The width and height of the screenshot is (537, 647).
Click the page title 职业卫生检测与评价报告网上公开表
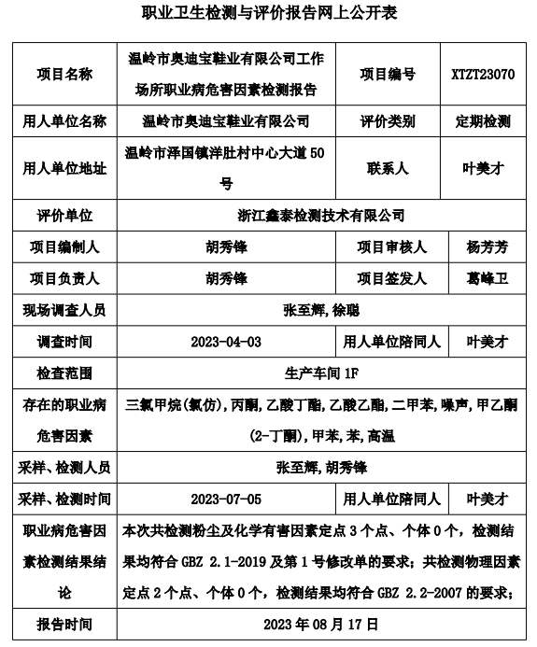pyautogui.click(x=268, y=14)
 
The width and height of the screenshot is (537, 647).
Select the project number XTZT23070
pyautogui.click(x=482, y=74)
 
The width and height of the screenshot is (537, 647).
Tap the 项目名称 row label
pyautogui.click(x=64, y=74)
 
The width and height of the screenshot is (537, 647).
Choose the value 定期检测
pyautogui.click(x=483, y=121)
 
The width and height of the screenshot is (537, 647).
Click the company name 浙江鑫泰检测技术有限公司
pyautogui.click(x=321, y=216)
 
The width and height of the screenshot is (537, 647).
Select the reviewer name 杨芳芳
pyautogui.click(x=483, y=247)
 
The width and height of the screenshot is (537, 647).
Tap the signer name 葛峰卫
pyautogui.click(x=483, y=279)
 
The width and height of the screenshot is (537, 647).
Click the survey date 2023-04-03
pyautogui.click(x=226, y=342)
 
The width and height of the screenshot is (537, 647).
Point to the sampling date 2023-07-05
pyautogui.click(x=226, y=499)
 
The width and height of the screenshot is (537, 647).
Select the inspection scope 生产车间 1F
pyautogui.click(x=321, y=373)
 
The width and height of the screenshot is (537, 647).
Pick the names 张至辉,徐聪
pyautogui.click(x=321, y=310)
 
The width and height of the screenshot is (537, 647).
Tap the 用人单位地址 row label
pyautogui.click(x=64, y=168)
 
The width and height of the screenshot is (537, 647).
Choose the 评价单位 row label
pyautogui.click(x=64, y=216)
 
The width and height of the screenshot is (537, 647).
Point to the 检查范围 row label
pyautogui.click(x=64, y=373)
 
